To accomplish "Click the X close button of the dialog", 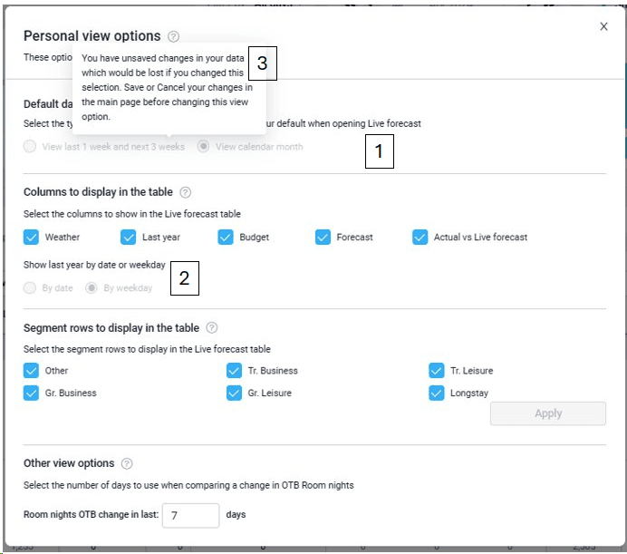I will (603, 26).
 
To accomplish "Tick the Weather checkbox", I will (32, 238).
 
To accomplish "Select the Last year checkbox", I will (129, 238).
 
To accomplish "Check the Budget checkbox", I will (226, 238).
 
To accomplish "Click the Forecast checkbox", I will (323, 238).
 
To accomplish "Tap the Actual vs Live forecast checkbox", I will (420, 238).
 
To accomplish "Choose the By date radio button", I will (31, 288).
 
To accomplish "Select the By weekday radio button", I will (92, 288).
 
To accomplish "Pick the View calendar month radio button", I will (204, 147).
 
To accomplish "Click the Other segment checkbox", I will (32, 371).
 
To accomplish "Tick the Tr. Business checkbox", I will (234, 371).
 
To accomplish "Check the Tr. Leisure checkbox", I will (437, 371).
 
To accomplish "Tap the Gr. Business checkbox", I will (32, 394).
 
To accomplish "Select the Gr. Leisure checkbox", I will (234, 394).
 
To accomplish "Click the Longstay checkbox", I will (437, 394).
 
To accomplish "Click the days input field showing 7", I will (190, 515).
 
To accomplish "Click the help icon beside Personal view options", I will (174, 37).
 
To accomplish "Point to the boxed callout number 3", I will (262, 63).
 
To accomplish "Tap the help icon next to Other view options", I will (127, 463).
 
